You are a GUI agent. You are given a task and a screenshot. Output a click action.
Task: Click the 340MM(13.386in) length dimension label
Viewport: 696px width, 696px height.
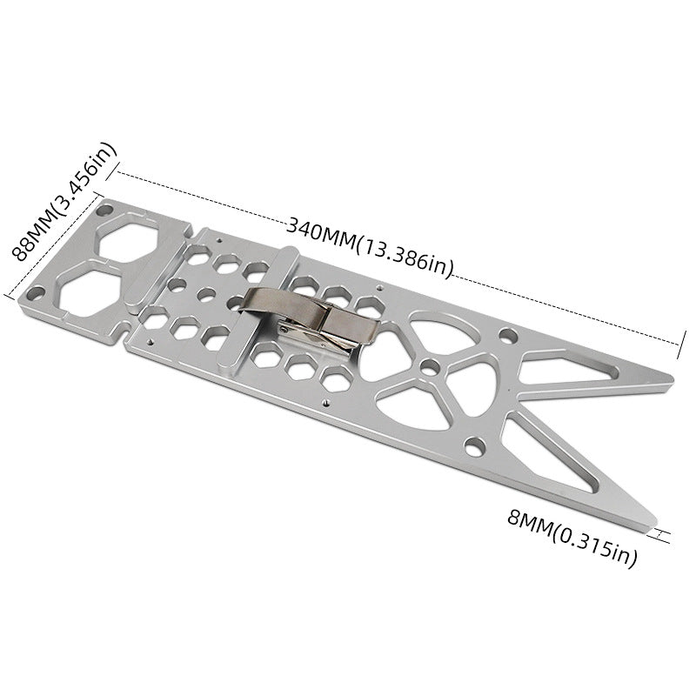click(x=370, y=248)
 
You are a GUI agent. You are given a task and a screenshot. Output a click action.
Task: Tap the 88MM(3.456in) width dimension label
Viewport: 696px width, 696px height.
click(x=64, y=202)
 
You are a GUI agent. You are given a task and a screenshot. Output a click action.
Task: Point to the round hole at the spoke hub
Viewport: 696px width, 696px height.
click(x=430, y=367)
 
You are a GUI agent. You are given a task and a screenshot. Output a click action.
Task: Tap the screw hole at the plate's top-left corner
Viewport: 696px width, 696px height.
click(x=104, y=210)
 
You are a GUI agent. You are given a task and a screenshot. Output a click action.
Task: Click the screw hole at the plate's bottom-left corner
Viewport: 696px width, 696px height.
click(x=35, y=293)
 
